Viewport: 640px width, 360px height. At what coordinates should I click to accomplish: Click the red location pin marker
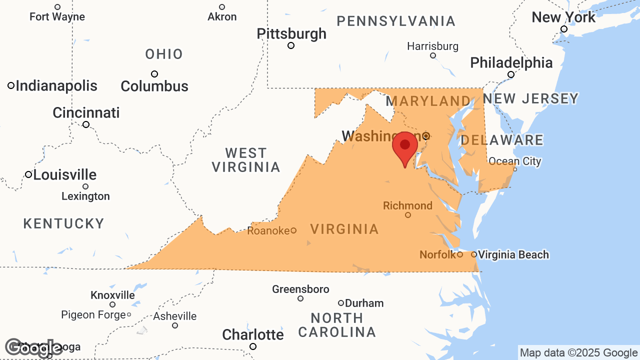pyautogui.click(x=405, y=146)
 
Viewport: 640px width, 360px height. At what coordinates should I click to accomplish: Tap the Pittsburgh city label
pyautogui.click(x=291, y=34)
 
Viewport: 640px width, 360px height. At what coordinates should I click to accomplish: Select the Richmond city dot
pyautogui.click(x=408, y=215)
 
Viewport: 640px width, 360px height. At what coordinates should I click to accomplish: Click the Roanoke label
pyautogui.click(x=268, y=230)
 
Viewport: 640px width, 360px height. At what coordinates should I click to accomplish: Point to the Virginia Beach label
pyautogui.click(x=513, y=255)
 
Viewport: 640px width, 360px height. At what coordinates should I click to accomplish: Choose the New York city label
pyautogui.click(x=563, y=17)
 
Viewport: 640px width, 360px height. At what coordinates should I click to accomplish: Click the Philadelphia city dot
pyautogui.click(x=511, y=74)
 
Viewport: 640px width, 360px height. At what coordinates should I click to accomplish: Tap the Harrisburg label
pyautogui.click(x=432, y=46)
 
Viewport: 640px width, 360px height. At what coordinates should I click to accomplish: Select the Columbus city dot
pyautogui.click(x=154, y=74)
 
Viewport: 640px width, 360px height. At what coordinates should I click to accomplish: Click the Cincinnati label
pyautogui.click(x=86, y=113)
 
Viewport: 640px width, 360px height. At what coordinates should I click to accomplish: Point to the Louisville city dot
pyautogui.click(x=28, y=174)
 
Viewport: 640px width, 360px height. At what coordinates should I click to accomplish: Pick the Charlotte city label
pyautogui.click(x=253, y=334)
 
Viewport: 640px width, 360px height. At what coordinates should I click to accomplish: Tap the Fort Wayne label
pyautogui.click(x=57, y=17)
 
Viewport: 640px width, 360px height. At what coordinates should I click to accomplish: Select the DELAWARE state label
pyautogui.click(x=501, y=140)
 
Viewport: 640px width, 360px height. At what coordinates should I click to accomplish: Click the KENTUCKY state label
pyautogui.click(x=64, y=223)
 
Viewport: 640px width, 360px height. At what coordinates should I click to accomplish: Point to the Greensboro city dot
pyautogui.click(x=300, y=298)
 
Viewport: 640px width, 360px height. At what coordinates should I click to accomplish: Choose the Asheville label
pyautogui.click(x=175, y=316)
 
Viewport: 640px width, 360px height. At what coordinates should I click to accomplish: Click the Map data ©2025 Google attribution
pyautogui.click(x=578, y=353)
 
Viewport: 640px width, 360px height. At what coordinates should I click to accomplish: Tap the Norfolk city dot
pyautogui.click(x=460, y=254)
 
